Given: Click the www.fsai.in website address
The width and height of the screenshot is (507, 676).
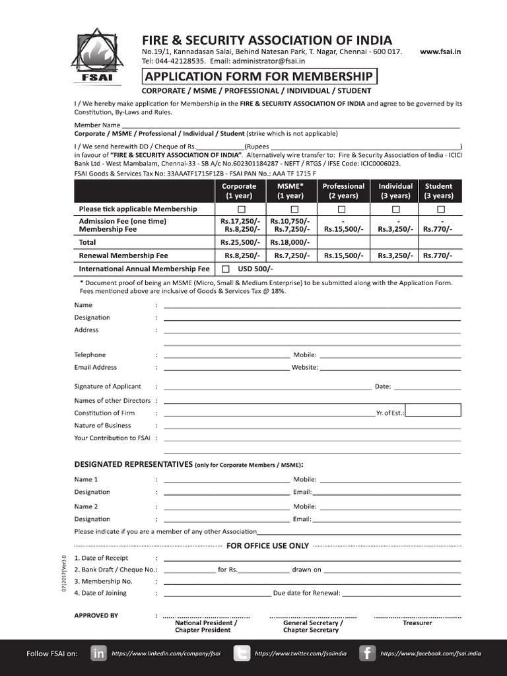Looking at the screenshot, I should [441, 51].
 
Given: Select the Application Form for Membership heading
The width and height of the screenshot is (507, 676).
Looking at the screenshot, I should [259, 76].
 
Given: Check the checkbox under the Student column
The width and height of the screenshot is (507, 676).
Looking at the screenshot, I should [440, 209].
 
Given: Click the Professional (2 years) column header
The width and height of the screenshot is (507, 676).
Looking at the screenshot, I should [343, 191].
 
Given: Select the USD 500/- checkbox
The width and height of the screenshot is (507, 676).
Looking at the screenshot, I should [226, 269].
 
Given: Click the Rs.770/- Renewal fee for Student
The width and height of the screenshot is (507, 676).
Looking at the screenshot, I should [438, 255].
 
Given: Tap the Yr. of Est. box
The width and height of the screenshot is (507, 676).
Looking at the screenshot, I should [433, 411].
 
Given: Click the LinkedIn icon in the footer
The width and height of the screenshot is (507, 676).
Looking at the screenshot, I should [99, 654].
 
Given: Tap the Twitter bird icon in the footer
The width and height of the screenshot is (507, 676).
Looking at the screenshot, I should [242, 654].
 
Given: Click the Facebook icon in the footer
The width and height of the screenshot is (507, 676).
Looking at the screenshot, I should [367, 654].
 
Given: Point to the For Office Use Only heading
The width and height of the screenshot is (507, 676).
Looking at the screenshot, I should [267, 546].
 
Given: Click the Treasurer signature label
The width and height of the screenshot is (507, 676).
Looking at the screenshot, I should [417, 623].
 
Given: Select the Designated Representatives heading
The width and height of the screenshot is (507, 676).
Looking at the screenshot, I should [133, 464].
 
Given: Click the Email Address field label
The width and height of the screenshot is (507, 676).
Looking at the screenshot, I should [96, 368].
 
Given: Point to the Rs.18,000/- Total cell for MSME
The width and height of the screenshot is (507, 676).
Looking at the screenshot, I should [290, 242].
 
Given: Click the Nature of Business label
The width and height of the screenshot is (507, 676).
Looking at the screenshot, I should [102, 426].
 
